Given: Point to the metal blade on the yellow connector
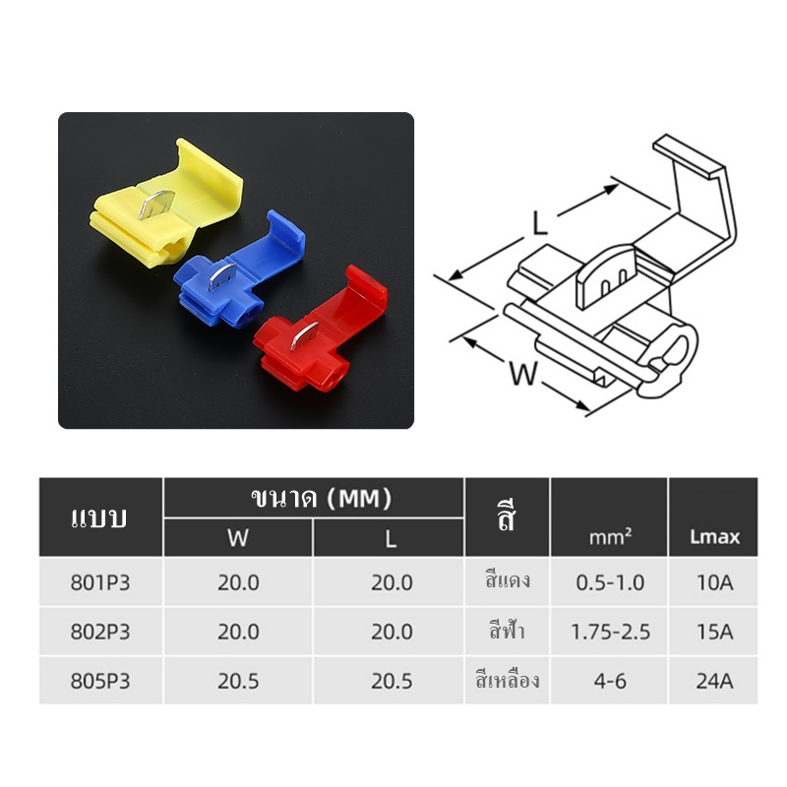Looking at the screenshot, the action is pos(156,204).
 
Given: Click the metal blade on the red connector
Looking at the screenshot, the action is pos(304,335).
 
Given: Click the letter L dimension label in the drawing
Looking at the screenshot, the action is pos(539,223).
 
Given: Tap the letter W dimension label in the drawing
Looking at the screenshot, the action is pos(523,373).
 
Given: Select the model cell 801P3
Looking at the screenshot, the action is pos(100,582).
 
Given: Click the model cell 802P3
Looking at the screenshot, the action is pos(100,632).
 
